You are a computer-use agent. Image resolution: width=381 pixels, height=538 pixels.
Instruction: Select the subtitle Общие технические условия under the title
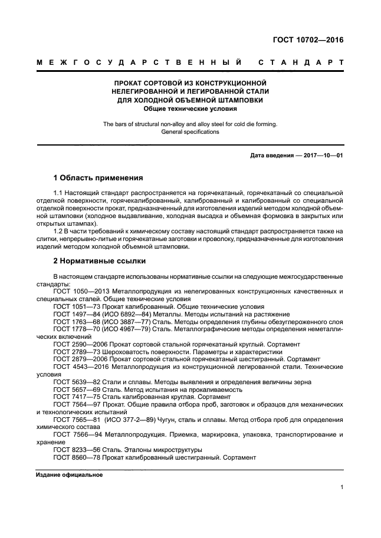(190, 108)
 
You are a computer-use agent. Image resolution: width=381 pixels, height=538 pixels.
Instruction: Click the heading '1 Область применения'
(98, 177)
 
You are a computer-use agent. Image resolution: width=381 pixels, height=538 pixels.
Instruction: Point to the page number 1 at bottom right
(341, 488)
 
